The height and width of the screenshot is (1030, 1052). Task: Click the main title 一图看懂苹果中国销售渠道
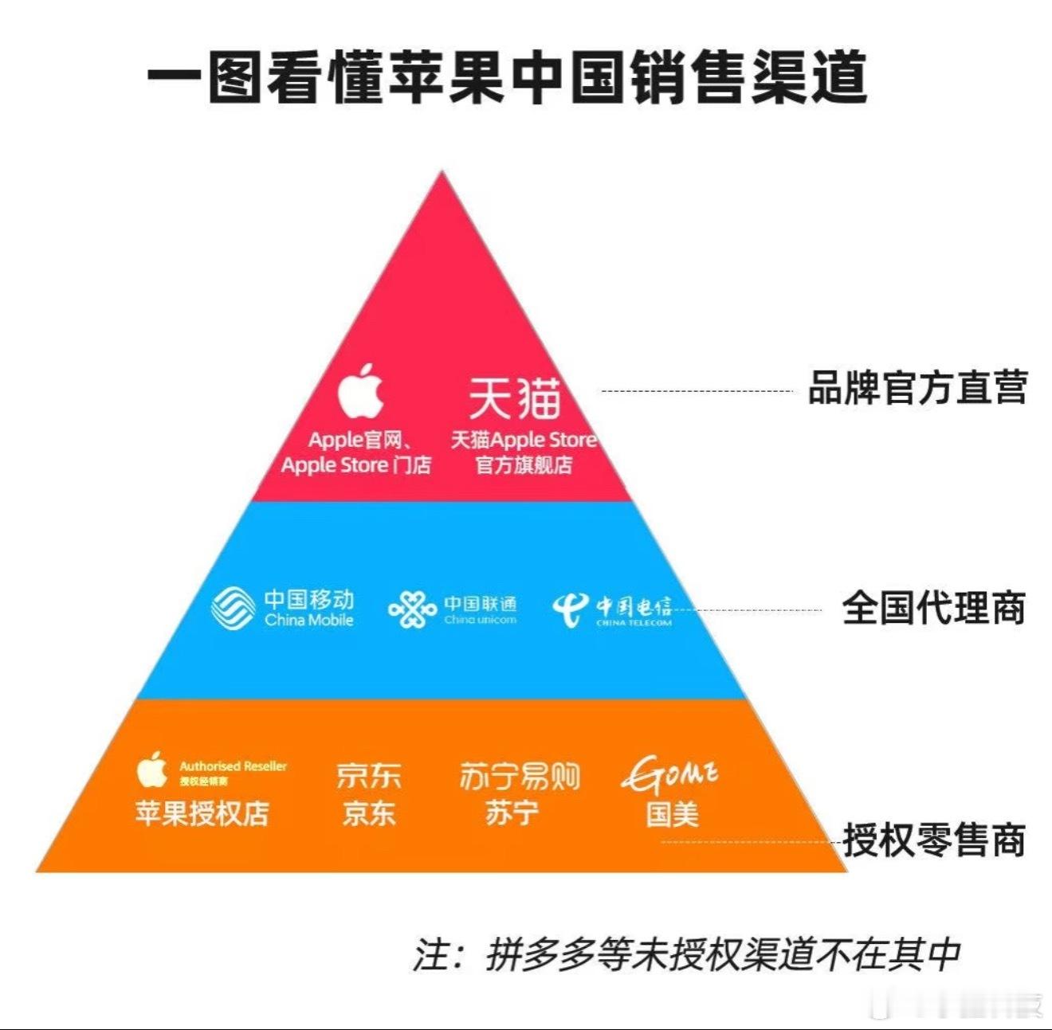[507, 77]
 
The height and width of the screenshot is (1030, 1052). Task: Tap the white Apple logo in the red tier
[360, 391]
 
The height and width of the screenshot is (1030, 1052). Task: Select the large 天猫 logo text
[514, 398]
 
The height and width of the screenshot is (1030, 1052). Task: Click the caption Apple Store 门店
[355, 464]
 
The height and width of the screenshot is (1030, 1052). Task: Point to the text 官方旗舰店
[524, 464]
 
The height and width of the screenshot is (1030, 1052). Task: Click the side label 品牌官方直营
[917, 388]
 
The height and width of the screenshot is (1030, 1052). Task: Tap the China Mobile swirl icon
[233, 608]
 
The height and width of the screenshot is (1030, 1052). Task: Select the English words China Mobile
[309, 621]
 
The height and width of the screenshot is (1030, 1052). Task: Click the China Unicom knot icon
[412, 609]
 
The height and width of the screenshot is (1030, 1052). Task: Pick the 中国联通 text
[481, 604]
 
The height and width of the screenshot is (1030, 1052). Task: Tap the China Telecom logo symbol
[571, 609]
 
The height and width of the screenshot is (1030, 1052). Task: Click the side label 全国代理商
[933, 609]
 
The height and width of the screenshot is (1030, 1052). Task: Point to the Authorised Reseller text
[233, 766]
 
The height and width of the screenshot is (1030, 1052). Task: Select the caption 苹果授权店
[202, 813]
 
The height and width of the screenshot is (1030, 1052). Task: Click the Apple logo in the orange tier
[151, 770]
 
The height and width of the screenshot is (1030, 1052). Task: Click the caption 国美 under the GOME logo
[672, 814]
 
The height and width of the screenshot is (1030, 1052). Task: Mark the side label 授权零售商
[934, 841]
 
